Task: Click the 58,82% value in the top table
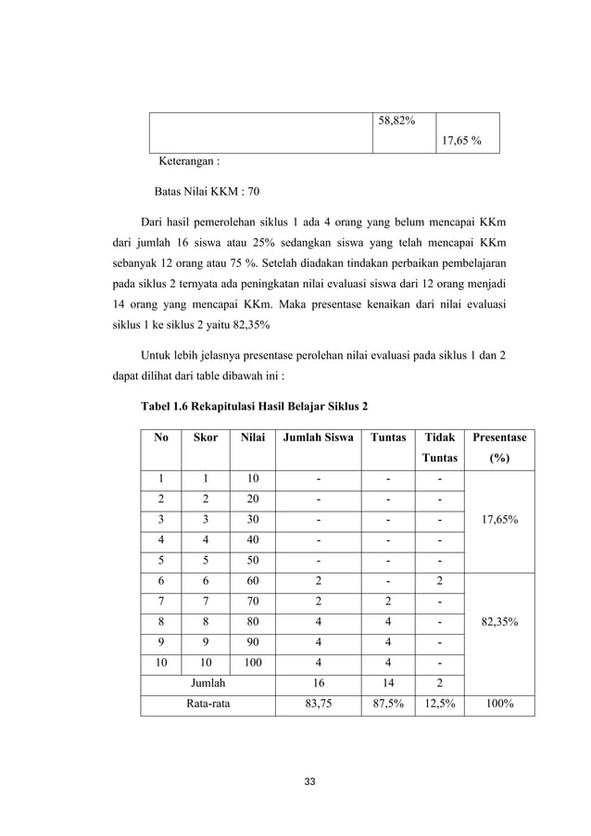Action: (x=396, y=122)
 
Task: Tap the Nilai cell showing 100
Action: (x=253, y=662)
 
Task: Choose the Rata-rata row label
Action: (x=208, y=703)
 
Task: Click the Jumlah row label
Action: (x=208, y=682)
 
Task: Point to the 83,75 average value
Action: (x=318, y=703)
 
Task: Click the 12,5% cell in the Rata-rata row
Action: (x=438, y=703)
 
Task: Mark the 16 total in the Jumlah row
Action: (x=318, y=682)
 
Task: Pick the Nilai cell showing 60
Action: (x=253, y=582)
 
